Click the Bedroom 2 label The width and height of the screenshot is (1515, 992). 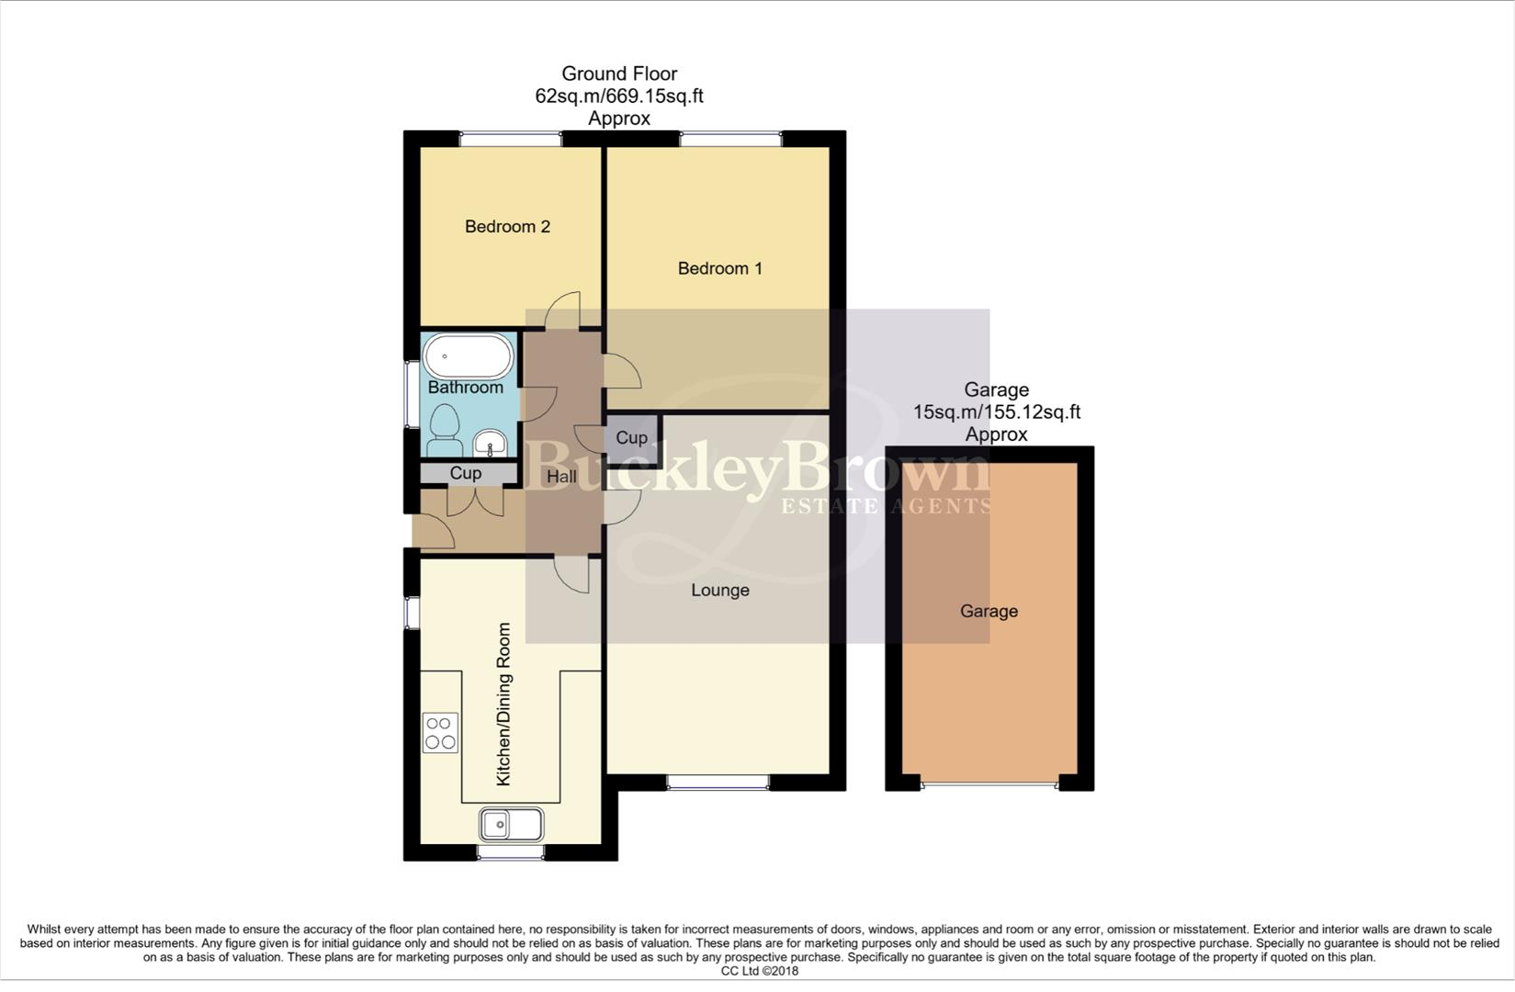507,227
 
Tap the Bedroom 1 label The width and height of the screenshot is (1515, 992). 719,268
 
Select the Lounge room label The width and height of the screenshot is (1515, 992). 719,590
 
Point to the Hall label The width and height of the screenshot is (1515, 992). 561,476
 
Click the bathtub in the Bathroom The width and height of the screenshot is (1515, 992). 469,356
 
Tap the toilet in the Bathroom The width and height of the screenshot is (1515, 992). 445,432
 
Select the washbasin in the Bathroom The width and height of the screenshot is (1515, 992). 491,445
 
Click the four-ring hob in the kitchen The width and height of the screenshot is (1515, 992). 440,733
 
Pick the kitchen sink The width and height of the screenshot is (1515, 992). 511,824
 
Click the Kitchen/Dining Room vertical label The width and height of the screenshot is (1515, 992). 503,704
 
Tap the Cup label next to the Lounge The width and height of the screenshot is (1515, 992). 631,438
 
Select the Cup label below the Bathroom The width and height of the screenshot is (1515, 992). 465,473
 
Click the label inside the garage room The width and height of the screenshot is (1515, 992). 989,611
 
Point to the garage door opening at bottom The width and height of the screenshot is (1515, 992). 989,784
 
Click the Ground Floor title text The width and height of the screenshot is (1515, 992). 619,73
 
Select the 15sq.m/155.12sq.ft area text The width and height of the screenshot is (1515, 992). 996,411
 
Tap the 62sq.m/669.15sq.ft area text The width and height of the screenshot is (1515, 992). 619,96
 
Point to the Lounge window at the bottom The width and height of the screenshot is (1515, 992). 718,782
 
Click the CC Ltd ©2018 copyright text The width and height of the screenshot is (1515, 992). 759,971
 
